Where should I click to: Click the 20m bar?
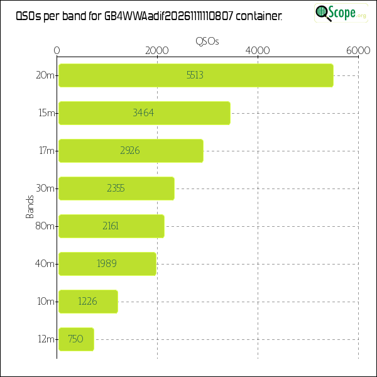195,75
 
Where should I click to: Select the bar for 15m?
144,113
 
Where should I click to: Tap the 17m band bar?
130,151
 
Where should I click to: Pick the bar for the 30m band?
116,188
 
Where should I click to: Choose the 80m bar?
111,226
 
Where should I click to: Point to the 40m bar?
107,264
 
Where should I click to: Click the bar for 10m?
88,302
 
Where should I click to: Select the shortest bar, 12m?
76,339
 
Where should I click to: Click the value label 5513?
195,75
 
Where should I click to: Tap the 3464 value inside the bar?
143,113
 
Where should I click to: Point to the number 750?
75,339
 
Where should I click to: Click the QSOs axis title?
207,41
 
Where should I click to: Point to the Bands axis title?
30,207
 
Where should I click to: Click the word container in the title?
262,17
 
